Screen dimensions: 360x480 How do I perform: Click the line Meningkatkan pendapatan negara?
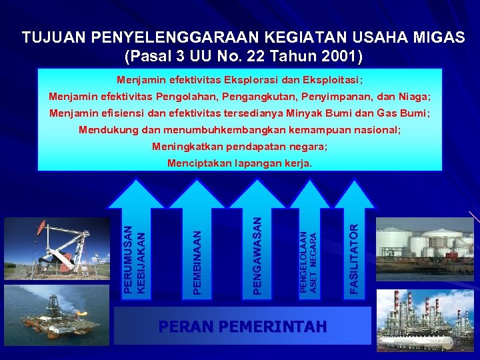point(239,147)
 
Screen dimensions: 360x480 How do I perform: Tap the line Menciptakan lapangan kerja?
point(239,163)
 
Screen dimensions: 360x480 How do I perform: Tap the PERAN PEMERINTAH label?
point(243,327)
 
